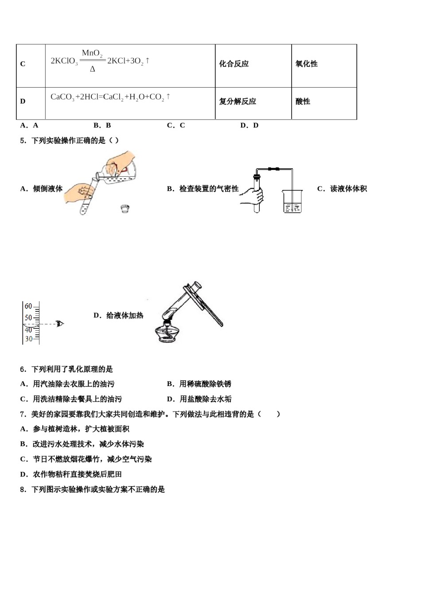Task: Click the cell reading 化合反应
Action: pyautogui.click(x=234, y=64)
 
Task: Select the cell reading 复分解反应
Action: pyautogui.click(x=238, y=101)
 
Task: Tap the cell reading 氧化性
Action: pyautogui.click(x=307, y=64)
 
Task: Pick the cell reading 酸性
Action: pyautogui.click(x=303, y=101)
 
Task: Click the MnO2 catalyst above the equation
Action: pyautogui.click(x=92, y=53)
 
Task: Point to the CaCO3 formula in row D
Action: pyautogui.click(x=62, y=97)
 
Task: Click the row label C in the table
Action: pyautogui.click(x=23, y=64)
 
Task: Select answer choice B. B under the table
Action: pyautogui.click(x=102, y=125)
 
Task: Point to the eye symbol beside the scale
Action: pyautogui.click(x=60, y=324)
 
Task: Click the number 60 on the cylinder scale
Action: pyautogui.click(x=28, y=306)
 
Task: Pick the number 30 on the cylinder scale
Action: pyautogui.click(x=28, y=339)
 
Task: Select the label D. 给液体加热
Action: pyautogui.click(x=118, y=316)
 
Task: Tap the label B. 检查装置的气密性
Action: pyautogui.click(x=203, y=189)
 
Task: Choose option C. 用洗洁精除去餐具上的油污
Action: pyautogui.click(x=71, y=399)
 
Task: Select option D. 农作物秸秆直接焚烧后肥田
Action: pyautogui.click(x=71, y=474)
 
